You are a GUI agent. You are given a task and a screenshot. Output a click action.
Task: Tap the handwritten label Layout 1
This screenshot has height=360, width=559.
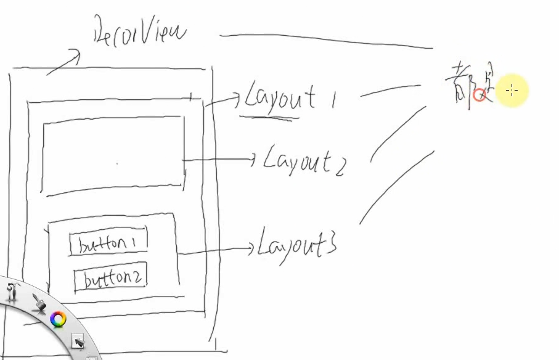(x=288, y=98)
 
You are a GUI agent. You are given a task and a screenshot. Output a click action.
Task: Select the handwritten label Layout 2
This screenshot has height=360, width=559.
(x=305, y=160)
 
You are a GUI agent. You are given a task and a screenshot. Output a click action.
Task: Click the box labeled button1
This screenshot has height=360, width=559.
(x=108, y=243)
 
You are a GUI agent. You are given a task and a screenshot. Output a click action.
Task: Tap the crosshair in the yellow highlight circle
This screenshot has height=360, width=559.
(x=512, y=91)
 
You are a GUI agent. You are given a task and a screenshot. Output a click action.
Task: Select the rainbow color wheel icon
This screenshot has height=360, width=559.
(x=58, y=319)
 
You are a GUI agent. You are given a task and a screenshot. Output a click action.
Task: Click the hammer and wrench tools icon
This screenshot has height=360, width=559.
(x=12, y=290)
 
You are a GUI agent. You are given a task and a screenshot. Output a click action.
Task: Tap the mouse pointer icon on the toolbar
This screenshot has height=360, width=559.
(x=78, y=340)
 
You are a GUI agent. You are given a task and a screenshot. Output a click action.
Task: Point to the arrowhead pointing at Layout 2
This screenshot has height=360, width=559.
(x=252, y=160)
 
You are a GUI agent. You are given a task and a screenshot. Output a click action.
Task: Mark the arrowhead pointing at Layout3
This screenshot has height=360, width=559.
(x=250, y=248)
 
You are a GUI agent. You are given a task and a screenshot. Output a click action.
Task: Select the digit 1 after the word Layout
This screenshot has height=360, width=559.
(x=332, y=99)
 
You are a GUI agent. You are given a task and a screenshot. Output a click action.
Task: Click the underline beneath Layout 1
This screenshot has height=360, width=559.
(x=269, y=115)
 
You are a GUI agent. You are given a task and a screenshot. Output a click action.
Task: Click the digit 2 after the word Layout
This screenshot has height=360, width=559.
(x=338, y=166)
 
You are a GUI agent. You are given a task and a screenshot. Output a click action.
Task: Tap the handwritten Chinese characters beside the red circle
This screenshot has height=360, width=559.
(x=465, y=85)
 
